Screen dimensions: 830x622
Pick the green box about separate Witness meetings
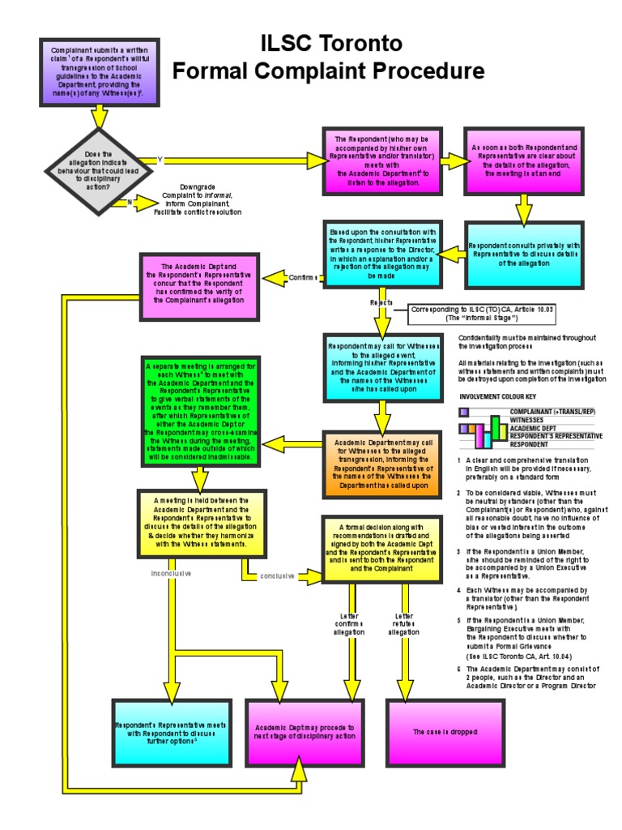(x=202, y=412)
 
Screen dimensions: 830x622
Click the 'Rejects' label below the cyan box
(x=381, y=302)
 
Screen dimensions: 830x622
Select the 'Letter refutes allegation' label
(x=404, y=623)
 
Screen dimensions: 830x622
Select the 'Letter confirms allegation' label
(x=349, y=623)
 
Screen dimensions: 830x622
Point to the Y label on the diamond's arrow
(x=160, y=160)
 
